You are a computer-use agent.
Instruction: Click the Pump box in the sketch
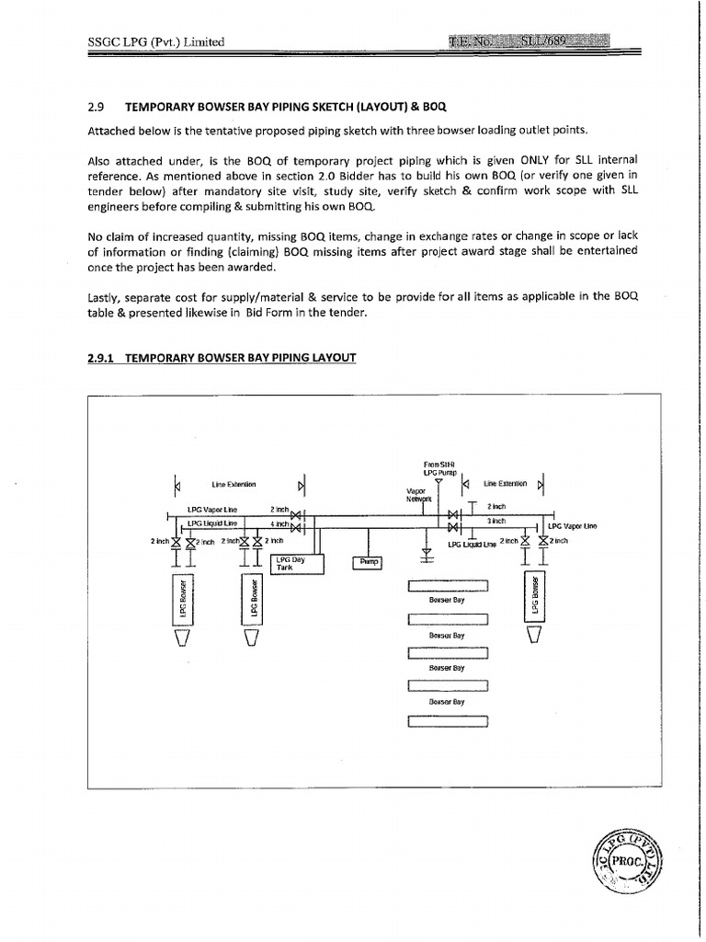click(367, 561)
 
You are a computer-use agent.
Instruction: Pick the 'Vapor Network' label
click(418, 495)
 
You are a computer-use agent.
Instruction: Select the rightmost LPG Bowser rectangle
click(534, 596)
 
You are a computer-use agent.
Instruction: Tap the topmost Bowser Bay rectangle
click(447, 586)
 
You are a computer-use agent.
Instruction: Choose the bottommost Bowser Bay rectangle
click(447, 719)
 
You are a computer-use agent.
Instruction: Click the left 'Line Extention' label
click(233, 483)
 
